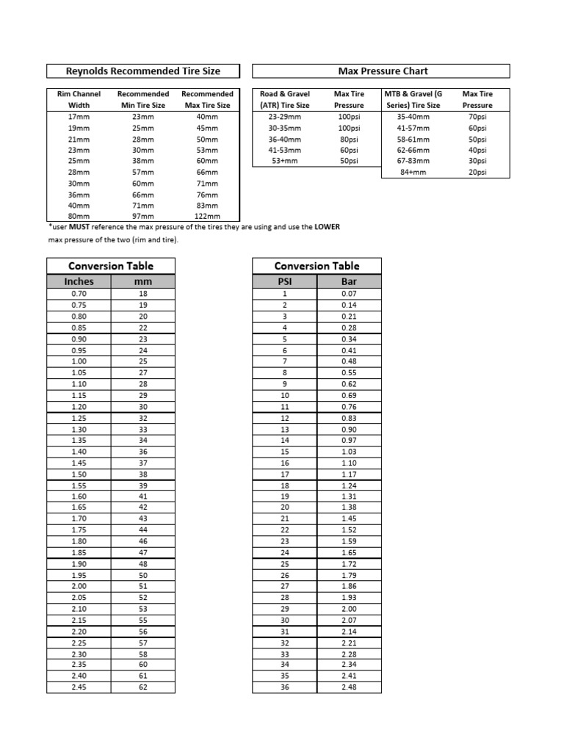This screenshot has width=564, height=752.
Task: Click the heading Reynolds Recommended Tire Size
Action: coord(143,71)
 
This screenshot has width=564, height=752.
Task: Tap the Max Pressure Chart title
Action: coord(382,71)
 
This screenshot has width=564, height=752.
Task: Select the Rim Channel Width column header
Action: coord(79,99)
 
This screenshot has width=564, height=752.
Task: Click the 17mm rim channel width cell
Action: coord(79,117)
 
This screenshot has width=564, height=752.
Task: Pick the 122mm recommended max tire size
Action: coord(207,216)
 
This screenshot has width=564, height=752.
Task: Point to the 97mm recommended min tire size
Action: coord(143,216)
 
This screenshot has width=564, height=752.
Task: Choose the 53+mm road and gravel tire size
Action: coord(284,161)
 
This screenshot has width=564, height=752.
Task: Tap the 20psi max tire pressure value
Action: coord(477,172)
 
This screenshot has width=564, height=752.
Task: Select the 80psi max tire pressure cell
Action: coord(348,139)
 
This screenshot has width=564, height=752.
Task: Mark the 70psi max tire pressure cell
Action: coord(477,117)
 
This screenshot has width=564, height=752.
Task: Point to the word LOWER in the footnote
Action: coord(328,228)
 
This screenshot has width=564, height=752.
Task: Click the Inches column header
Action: coord(79,281)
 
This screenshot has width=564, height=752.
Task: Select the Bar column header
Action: coord(349,281)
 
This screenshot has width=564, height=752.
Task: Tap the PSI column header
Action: coord(284,281)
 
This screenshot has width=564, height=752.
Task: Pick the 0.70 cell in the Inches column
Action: coord(79,294)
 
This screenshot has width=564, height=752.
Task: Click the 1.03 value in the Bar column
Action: coord(349,452)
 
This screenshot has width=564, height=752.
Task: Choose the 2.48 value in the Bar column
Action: coord(349,688)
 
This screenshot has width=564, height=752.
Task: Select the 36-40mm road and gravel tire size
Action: coord(284,139)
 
